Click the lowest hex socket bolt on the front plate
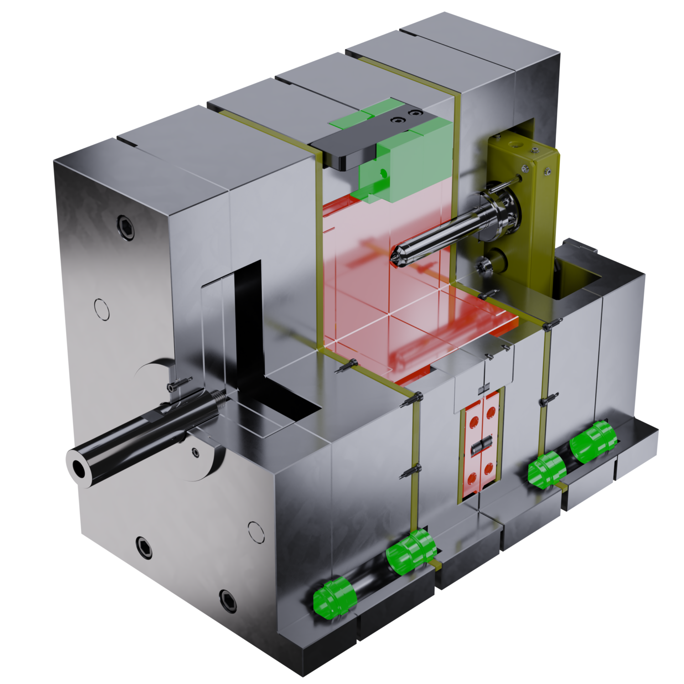(228, 600)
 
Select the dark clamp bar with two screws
(369, 139)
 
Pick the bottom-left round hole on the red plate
(471, 478)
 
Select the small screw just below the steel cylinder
(196, 452)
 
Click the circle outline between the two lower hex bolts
(256, 532)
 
